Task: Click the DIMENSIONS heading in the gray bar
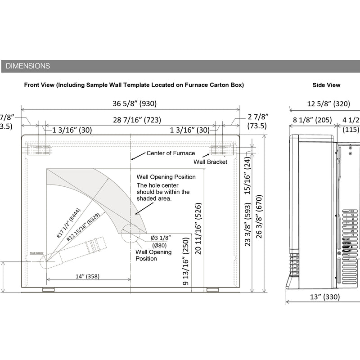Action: click(x=28, y=66)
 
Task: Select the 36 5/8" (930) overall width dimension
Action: click(x=135, y=103)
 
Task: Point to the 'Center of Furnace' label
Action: click(x=171, y=153)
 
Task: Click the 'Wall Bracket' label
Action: click(x=211, y=162)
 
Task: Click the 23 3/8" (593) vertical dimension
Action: click(x=247, y=230)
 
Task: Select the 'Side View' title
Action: click(x=326, y=85)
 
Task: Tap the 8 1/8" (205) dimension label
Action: click(x=312, y=120)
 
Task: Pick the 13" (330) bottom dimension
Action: click(x=325, y=297)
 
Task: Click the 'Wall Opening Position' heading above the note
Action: click(x=166, y=177)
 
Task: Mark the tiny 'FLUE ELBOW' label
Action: click(x=36, y=254)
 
